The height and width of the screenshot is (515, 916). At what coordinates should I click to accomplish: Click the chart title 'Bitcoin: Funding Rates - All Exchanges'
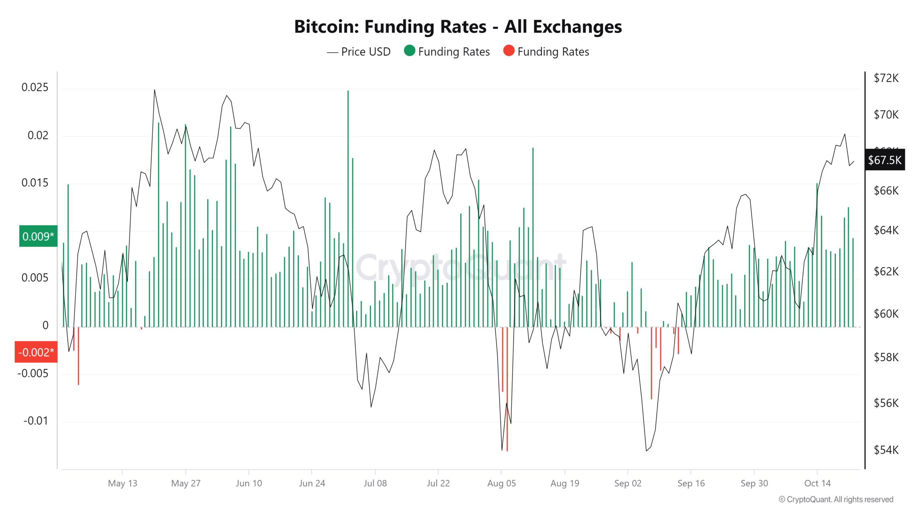(458, 27)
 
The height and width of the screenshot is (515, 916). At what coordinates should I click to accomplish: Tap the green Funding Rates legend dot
(409, 51)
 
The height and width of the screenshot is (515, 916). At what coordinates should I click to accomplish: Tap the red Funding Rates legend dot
(508, 51)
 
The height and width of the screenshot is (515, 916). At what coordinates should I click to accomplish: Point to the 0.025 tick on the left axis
(35, 87)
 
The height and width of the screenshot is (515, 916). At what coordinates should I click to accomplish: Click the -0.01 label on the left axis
(36, 421)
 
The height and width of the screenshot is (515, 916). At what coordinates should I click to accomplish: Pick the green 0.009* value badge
(38, 236)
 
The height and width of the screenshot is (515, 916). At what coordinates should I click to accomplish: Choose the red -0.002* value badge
(36, 352)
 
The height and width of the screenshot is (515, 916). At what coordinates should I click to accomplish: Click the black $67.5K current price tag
(885, 160)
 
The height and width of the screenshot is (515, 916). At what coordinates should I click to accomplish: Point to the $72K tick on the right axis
(886, 78)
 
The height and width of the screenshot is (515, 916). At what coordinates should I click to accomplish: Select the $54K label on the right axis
(886, 450)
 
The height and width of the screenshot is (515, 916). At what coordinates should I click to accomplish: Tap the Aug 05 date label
(501, 484)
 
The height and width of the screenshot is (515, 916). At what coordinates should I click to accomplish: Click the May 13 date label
(122, 484)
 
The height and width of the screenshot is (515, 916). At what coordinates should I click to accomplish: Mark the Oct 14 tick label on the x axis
(817, 484)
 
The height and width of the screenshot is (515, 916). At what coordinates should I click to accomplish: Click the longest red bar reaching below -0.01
(507, 390)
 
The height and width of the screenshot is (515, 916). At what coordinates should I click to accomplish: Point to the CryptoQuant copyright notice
(836, 499)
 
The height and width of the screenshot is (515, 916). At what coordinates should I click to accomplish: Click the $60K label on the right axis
(886, 314)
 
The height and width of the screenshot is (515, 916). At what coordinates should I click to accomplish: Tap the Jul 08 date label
(375, 484)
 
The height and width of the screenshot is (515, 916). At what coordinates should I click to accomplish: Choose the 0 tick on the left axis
(45, 325)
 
